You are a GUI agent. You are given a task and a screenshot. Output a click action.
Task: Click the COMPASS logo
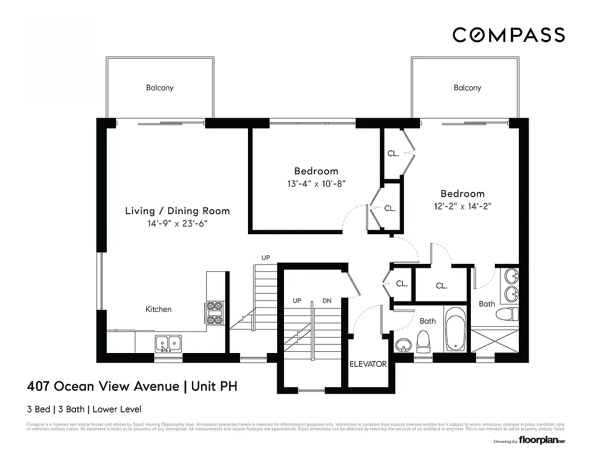508,35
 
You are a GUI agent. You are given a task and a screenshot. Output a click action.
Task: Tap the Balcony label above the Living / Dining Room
159,88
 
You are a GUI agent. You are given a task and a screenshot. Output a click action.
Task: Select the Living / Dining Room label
177,211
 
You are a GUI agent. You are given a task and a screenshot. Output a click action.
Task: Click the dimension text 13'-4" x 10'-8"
316,183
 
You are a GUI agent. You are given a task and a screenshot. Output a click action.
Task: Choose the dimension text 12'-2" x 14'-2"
462,206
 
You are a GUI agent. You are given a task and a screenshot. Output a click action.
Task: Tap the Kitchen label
158,309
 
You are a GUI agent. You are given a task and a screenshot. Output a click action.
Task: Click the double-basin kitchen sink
169,343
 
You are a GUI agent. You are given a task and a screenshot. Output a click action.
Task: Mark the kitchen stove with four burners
215,313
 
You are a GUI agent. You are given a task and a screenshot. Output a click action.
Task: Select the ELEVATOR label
368,364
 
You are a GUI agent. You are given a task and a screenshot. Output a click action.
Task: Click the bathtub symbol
455,330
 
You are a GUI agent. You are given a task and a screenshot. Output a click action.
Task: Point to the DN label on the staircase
327,300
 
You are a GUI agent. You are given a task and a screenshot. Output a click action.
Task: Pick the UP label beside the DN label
297,300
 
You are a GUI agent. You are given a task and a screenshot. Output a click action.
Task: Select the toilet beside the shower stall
506,314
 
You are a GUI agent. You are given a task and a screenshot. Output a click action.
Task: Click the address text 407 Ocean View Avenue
103,387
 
